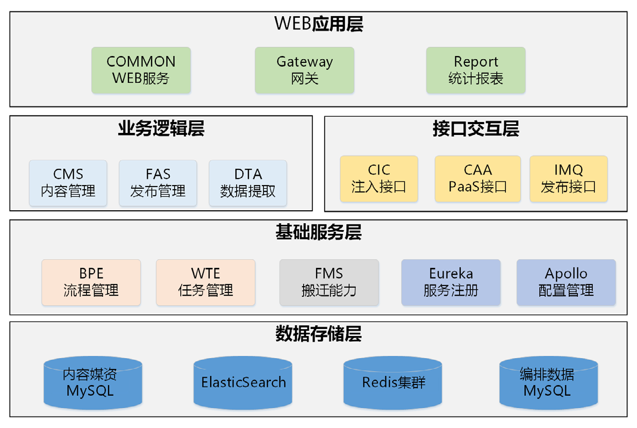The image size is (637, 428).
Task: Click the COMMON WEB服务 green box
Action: pyautogui.click(x=141, y=70)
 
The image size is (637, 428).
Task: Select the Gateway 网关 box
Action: pyautogui.click(x=304, y=70)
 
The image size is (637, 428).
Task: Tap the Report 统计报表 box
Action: pyautogui.click(x=476, y=70)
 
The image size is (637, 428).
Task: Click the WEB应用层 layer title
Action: pyautogui.click(x=318, y=24)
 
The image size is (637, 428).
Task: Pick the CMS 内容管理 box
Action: pyautogui.click(x=68, y=183)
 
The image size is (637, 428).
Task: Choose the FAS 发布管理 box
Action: pyautogui.click(x=158, y=183)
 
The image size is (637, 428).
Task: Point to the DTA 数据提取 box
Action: pyautogui.click(x=248, y=183)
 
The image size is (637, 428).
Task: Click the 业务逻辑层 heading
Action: pyautogui.click(x=161, y=129)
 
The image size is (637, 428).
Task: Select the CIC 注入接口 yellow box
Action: pyautogui.click(x=379, y=179)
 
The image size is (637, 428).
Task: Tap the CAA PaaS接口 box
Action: pyautogui.click(x=477, y=179)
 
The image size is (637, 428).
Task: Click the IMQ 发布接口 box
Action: pyautogui.click(x=568, y=179)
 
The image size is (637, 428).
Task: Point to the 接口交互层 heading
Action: pyautogui.click(x=476, y=129)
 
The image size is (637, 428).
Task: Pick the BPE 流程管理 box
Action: pyautogui.click(x=91, y=282)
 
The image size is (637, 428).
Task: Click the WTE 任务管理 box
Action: pyautogui.click(x=205, y=282)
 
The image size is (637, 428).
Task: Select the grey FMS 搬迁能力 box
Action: pyautogui.click(x=329, y=282)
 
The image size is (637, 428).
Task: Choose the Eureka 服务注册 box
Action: pyautogui.click(x=450, y=282)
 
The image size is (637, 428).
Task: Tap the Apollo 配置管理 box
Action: pyautogui.click(x=566, y=282)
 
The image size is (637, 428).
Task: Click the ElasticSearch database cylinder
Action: pyautogui.click(x=244, y=383)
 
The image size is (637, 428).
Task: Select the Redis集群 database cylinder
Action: pyautogui.click(x=393, y=383)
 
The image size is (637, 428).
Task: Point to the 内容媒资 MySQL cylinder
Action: pyautogui.click(x=92, y=383)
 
